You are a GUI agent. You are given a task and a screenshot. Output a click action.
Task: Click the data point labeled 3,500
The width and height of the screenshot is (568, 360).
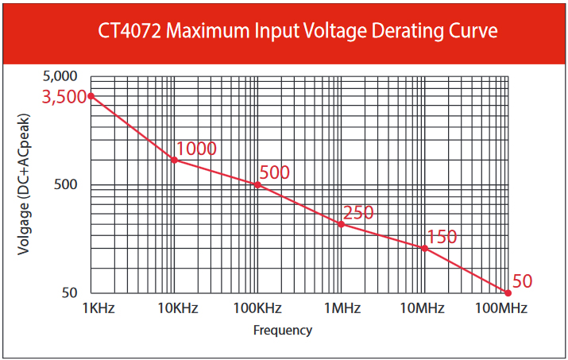pos(91,96)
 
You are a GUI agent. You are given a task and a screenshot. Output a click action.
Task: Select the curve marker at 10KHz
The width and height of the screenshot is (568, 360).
pos(175,160)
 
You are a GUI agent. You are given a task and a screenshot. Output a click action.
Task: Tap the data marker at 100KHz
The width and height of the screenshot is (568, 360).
pos(257,184)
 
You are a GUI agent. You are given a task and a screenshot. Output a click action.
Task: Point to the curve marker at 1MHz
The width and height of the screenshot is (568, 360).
pos(341,223)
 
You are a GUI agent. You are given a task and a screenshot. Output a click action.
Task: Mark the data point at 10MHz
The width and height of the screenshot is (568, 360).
pos(424,248)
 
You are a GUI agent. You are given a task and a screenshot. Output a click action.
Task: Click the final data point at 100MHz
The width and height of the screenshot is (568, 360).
pos(508,292)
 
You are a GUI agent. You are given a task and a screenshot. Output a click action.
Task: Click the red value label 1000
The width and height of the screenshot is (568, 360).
pos(196,149)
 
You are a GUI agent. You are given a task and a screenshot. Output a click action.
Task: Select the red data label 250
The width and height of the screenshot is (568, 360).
pos(357,213)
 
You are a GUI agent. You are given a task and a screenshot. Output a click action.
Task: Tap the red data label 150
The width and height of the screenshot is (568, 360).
pos(442,237)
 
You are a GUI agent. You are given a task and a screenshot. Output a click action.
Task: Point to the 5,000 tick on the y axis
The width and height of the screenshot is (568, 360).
pos(60,77)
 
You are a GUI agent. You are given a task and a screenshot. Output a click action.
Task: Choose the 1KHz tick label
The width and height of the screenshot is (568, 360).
pos(99,308)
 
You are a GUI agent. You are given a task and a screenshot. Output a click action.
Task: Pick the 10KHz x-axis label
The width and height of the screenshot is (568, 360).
pos(176,308)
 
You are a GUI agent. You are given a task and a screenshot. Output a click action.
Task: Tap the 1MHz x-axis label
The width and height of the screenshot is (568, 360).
pos(344,308)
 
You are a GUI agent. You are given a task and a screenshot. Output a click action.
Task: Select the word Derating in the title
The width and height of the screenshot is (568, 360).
pos(389,32)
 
